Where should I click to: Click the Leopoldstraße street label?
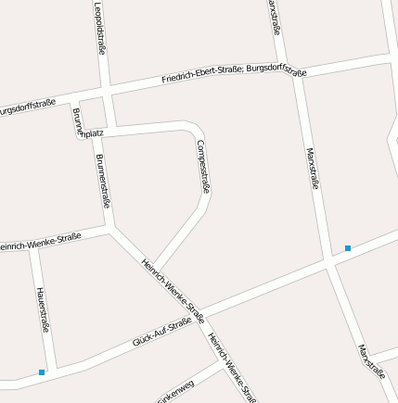[99, 28]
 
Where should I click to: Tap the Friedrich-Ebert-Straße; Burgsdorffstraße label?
[234, 71]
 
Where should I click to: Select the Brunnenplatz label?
[87, 127]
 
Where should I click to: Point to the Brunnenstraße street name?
[103, 182]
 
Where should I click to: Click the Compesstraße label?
[204, 167]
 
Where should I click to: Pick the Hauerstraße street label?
[43, 309]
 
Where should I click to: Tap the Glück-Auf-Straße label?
[162, 331]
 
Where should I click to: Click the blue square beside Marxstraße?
[348, 247]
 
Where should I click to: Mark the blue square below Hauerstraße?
[42, 372]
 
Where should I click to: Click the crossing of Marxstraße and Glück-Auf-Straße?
[331, 265]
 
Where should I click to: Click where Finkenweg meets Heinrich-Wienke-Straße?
[227, 361]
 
